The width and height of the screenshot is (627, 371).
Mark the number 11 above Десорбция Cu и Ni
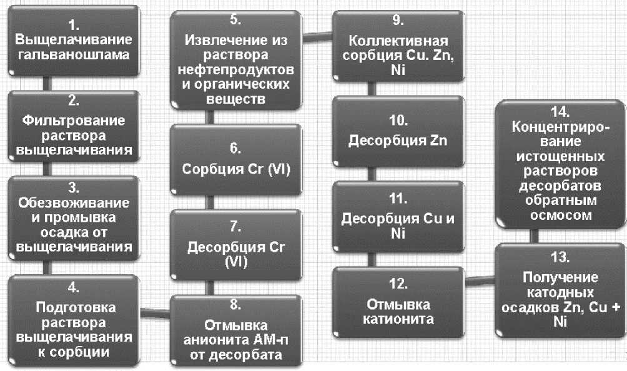pyautogui.click(x=398, y=200)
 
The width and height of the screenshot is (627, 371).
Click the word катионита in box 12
pyautogui.click(x=398, y=320)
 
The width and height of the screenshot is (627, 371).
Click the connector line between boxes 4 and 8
pyautogui.click(x=154, y=307)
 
